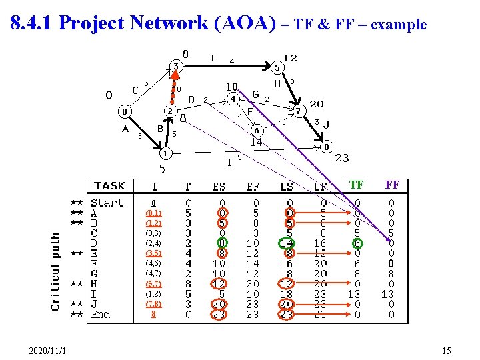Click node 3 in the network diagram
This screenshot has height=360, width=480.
(175, 66)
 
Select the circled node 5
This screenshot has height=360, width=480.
(277, 67)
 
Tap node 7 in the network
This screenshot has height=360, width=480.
(300, 109)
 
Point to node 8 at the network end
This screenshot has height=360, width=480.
(326, 146)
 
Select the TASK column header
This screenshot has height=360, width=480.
(109, 185)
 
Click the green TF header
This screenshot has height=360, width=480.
(357, 185)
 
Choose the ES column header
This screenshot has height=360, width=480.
(220, 185)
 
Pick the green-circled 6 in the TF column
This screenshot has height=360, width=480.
(357, 243)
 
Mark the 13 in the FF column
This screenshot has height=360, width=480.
(387, 294)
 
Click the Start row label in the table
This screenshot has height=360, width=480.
(107, 203)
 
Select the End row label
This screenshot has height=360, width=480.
(101, 314)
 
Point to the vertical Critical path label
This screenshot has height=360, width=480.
(57, 271)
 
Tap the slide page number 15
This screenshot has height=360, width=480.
(446, 351)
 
